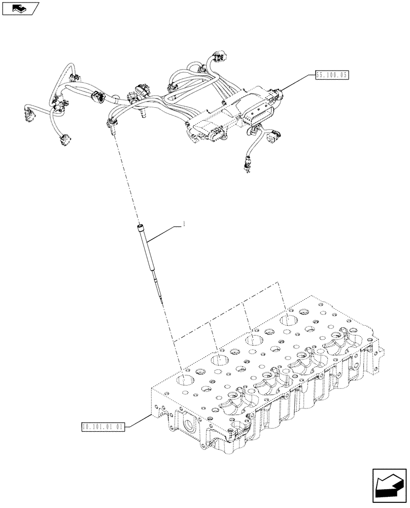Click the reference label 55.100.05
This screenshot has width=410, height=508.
332,75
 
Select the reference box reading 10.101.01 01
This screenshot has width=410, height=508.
102,426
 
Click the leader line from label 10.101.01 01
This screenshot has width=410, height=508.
137,421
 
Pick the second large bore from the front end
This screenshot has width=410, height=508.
219,361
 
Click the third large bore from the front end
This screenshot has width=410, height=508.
254,340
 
